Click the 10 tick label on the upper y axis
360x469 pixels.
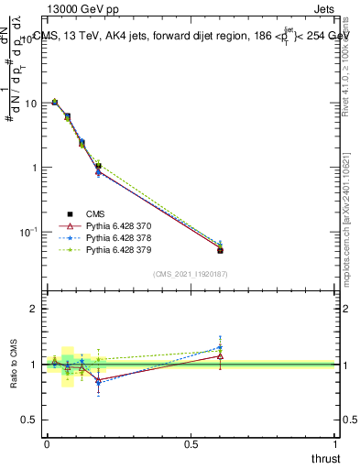coord(31,104)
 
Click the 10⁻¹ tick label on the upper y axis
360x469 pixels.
coord(28,232)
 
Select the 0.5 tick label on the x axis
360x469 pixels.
coord(191,443)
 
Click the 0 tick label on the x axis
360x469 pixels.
coord(47,443)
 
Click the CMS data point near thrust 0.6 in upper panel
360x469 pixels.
coord(220,250)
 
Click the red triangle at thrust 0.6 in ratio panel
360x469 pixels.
coord(220,355)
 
